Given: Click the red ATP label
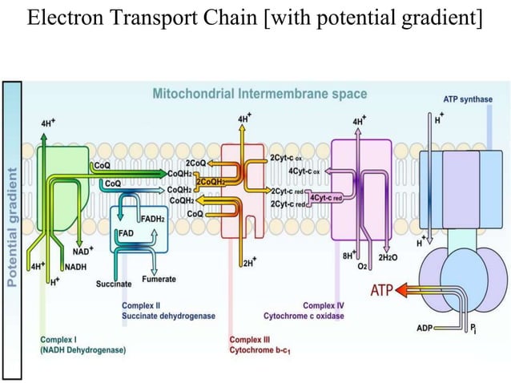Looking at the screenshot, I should pos(380,289).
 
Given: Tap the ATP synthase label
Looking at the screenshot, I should pos(468,99).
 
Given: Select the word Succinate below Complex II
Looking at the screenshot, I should pos(113,284).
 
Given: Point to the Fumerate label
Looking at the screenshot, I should pos(159,279).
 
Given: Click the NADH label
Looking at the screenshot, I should pos(75,266).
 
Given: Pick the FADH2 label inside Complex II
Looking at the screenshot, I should pos(153,219).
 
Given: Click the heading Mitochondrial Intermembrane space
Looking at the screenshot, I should pos(260,94).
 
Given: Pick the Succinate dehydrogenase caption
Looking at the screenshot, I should pos(168,316).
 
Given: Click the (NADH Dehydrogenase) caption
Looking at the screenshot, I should pos(82,349).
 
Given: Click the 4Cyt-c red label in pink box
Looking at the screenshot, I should pos(325,197).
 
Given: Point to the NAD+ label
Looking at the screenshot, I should pos(82,251).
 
